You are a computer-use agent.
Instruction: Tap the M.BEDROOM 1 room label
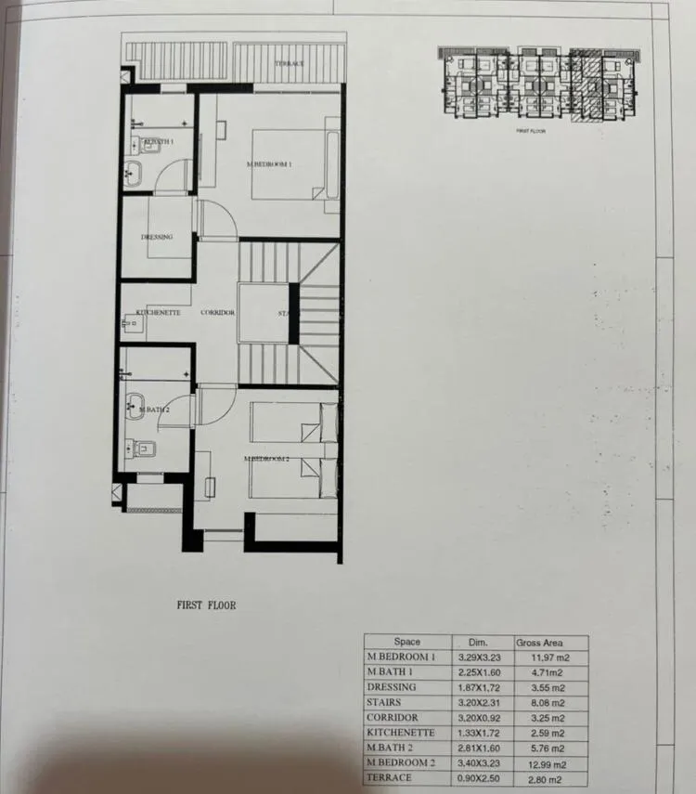[x=270, y=164]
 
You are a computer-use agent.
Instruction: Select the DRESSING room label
[x=157, y=237]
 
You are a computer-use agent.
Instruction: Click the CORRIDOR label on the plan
[x=217, y=313]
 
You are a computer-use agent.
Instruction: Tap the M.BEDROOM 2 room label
[x=267, y=459]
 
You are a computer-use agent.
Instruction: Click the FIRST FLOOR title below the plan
[x=207, y=605]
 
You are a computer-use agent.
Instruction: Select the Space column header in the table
[x=406, y=642]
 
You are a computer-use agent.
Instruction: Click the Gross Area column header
[x=538, y=642]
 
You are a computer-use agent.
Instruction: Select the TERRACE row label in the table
[x=390, y=777]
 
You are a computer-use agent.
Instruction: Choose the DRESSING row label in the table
[x=392, y=687]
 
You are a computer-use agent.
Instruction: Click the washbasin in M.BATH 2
[x=136, y=405]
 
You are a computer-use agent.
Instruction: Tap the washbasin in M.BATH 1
[x=132, y=171]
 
